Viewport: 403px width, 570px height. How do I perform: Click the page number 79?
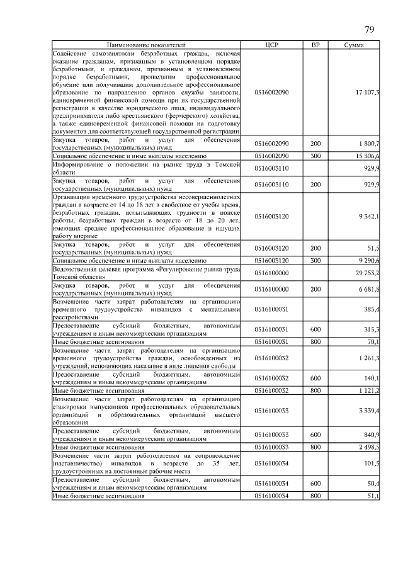tap(370, 30)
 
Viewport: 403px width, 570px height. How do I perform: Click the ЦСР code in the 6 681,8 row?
tap(272, 289)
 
